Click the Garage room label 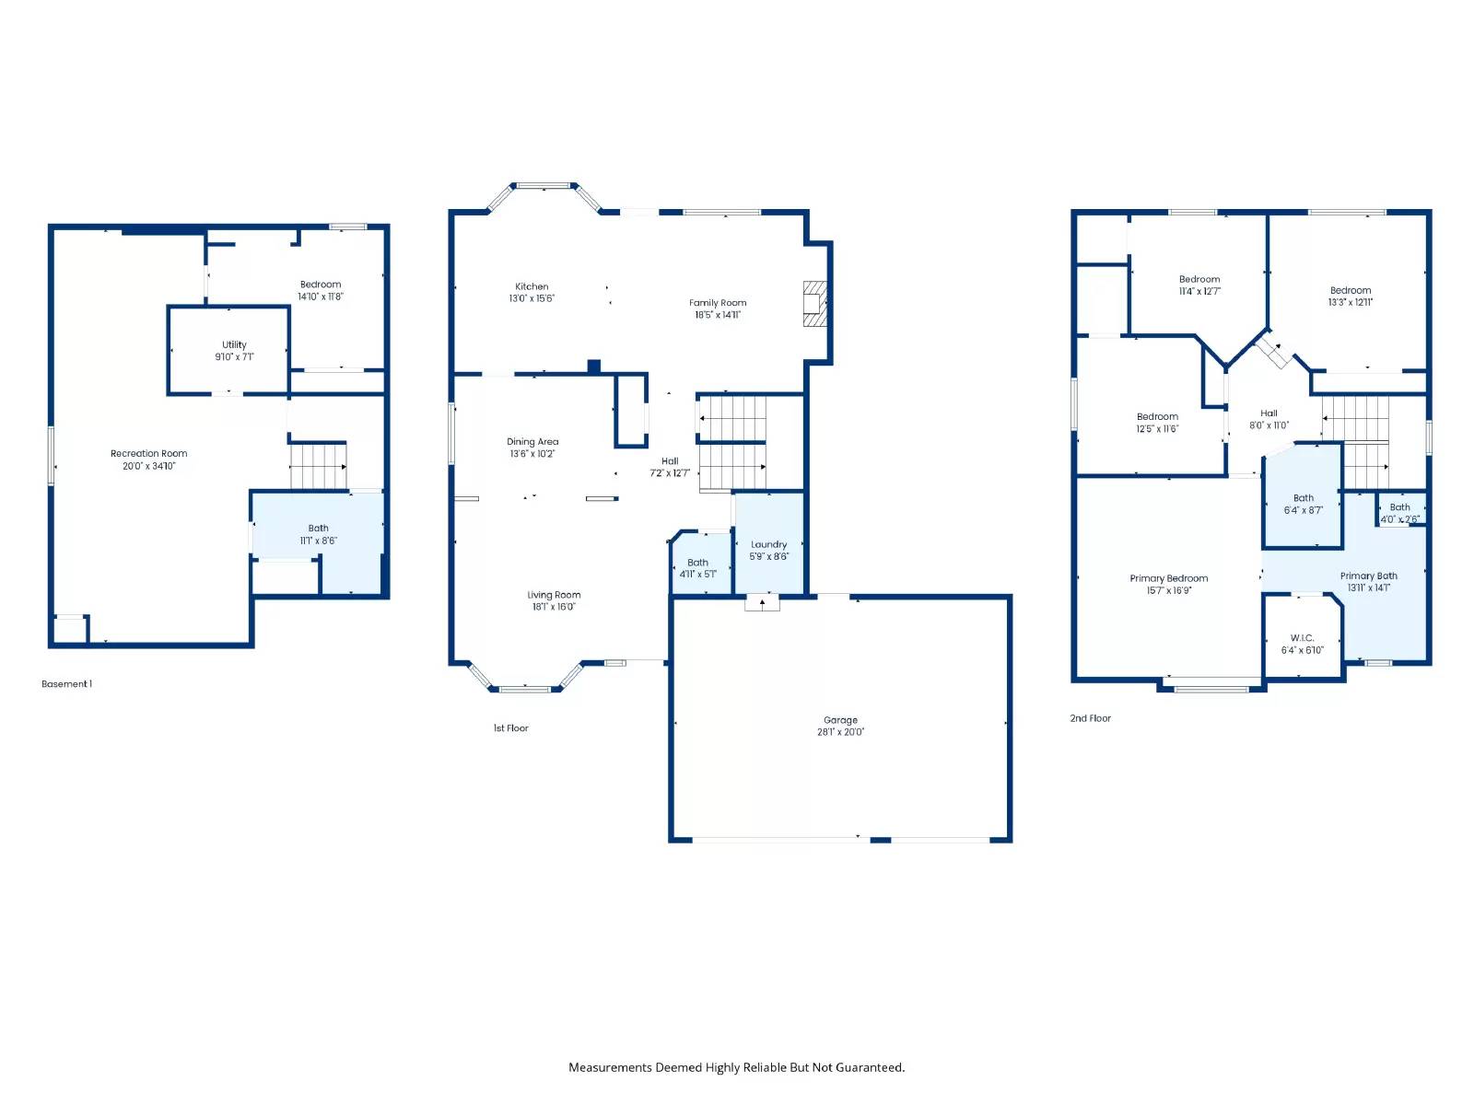(x=840, y=720)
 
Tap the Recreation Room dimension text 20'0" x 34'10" (x=148, y=466)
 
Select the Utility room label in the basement (x=234, y=344)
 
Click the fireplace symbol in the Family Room (x=814, y=304)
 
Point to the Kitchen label (x=532, y=286)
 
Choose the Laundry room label (x=769, y=545)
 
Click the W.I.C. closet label (x=1302, y=638)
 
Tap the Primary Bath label (x=1369, y=576)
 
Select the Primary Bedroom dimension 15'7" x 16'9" (x=1169, y=590)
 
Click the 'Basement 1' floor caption (x=66, y=684)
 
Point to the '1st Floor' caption (x=511, y=728)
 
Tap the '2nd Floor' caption (x=1091, y=718)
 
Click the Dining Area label (x=532, y=441)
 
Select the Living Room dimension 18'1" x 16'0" (x=554, y=607)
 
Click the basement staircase (x=319, y=466)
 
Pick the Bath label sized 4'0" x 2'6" (x=1400, y=507)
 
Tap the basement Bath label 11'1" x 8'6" (x=319, y=529)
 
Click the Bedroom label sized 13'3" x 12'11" (x=1351, y=290)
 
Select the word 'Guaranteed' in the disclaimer (x=872, y=1067)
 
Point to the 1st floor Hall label (x=670, y=461)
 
